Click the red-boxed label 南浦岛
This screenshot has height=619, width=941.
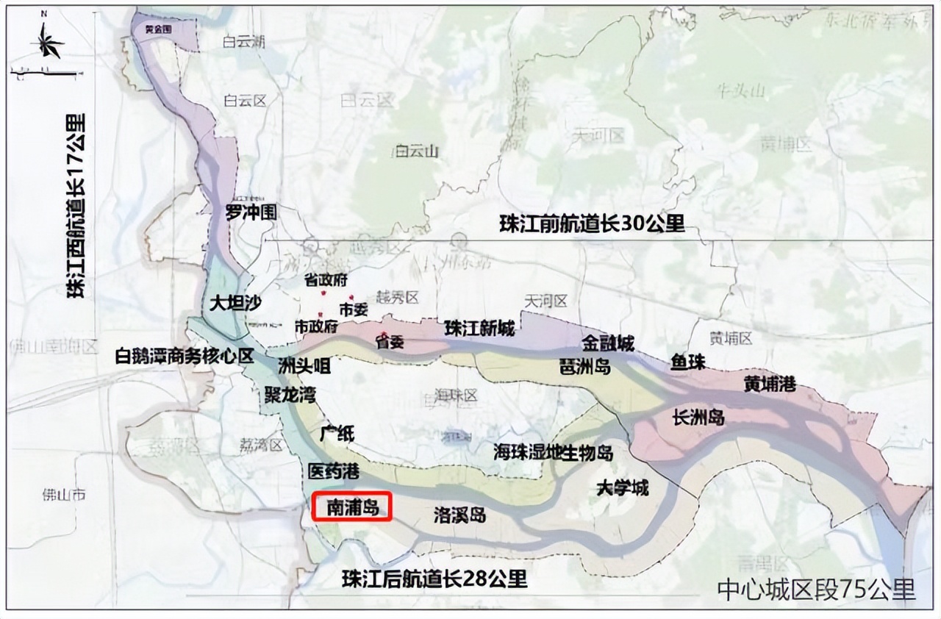(x=352, y=507)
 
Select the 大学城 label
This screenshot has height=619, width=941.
(x=623, y=487)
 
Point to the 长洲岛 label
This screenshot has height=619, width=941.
(x=698, y=418)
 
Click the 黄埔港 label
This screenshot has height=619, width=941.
(x=770, y=383)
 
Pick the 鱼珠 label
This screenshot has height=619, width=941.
(x=687, y=362)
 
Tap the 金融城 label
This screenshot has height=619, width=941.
(x=608, y=343)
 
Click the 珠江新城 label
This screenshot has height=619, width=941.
(x=479, y=329)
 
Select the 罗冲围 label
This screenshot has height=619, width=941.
(x=251, y=213)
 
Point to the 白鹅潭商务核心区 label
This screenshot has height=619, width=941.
(x=185, y=357)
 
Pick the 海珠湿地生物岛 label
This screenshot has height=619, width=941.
(x=553, y=452)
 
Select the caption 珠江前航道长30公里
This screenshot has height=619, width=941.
(x=591, y=223)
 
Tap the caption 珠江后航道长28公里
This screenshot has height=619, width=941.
(x=434, y=579)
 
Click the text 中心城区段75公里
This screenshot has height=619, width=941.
(x=816, y=590)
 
